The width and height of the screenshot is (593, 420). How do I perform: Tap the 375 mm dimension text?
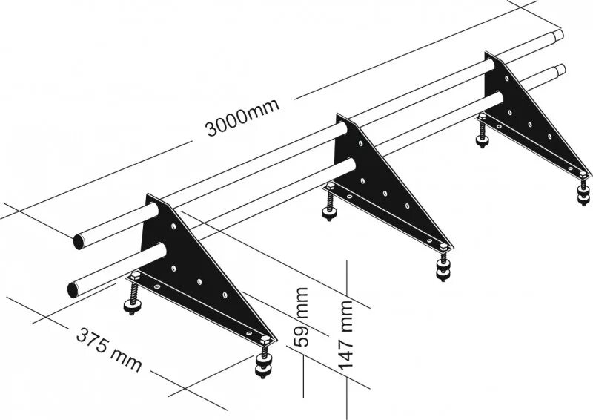click(x=108, y=348)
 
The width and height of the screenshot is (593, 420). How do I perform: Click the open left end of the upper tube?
click(x=79, y=243)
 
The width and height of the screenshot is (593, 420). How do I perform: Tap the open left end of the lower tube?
click(x=72, y=289)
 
